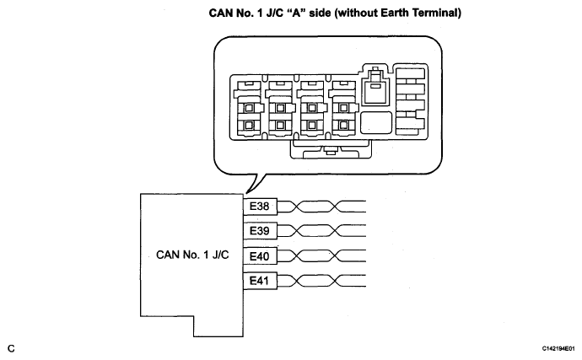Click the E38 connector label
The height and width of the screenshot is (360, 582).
click(260, 207)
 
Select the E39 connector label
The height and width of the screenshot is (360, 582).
click(260, 231)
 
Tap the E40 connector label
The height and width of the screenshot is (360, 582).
click(260, 256)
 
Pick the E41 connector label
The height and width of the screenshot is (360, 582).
click(260, 281)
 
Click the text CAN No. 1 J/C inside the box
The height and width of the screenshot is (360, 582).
click(192, 255)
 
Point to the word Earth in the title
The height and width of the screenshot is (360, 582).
click(375, 13)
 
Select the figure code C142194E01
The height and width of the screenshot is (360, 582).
click(558, 349)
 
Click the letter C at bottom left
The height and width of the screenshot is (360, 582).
click(12, 348)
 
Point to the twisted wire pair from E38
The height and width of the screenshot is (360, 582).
click(321, 207)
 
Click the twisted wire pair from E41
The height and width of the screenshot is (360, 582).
click(321, 281)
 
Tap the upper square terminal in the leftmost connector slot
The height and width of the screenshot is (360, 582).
click(249, 109)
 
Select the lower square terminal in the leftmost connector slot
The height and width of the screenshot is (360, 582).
click(249, 126)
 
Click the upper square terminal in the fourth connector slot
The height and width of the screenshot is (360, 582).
click(343, 109)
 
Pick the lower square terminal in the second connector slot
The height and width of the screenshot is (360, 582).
click(280, 126)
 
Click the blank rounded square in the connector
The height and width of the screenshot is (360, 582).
click(376, 122)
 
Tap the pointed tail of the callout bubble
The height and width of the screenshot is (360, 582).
click(245, 193)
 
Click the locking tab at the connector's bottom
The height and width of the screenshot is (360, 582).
click(331, 150)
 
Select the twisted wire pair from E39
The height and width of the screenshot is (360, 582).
click(321, 231)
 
